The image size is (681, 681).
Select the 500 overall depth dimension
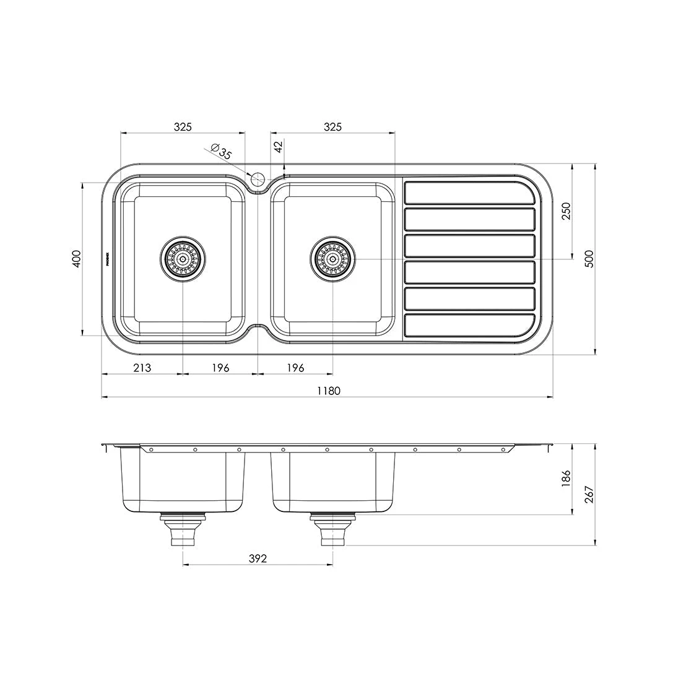[589, 258]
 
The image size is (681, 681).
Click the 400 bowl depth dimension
[76, 258]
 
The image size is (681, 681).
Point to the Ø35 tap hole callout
[220, 152]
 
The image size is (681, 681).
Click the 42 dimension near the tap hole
[278, 147]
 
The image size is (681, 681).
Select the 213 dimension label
[142, 368]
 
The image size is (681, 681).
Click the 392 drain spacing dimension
[258, 558]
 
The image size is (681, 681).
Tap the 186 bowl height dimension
[565, 479]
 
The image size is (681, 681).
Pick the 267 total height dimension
[589, 495]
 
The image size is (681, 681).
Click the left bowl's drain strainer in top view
[183, 258]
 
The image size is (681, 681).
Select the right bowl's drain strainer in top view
[333, 258]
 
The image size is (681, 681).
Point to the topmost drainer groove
[469, 193]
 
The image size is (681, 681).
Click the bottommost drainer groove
[469, 326]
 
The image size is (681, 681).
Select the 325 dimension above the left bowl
[183, 126]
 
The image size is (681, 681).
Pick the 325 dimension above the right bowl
[332, 126]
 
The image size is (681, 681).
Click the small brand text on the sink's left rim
[107, 258]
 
